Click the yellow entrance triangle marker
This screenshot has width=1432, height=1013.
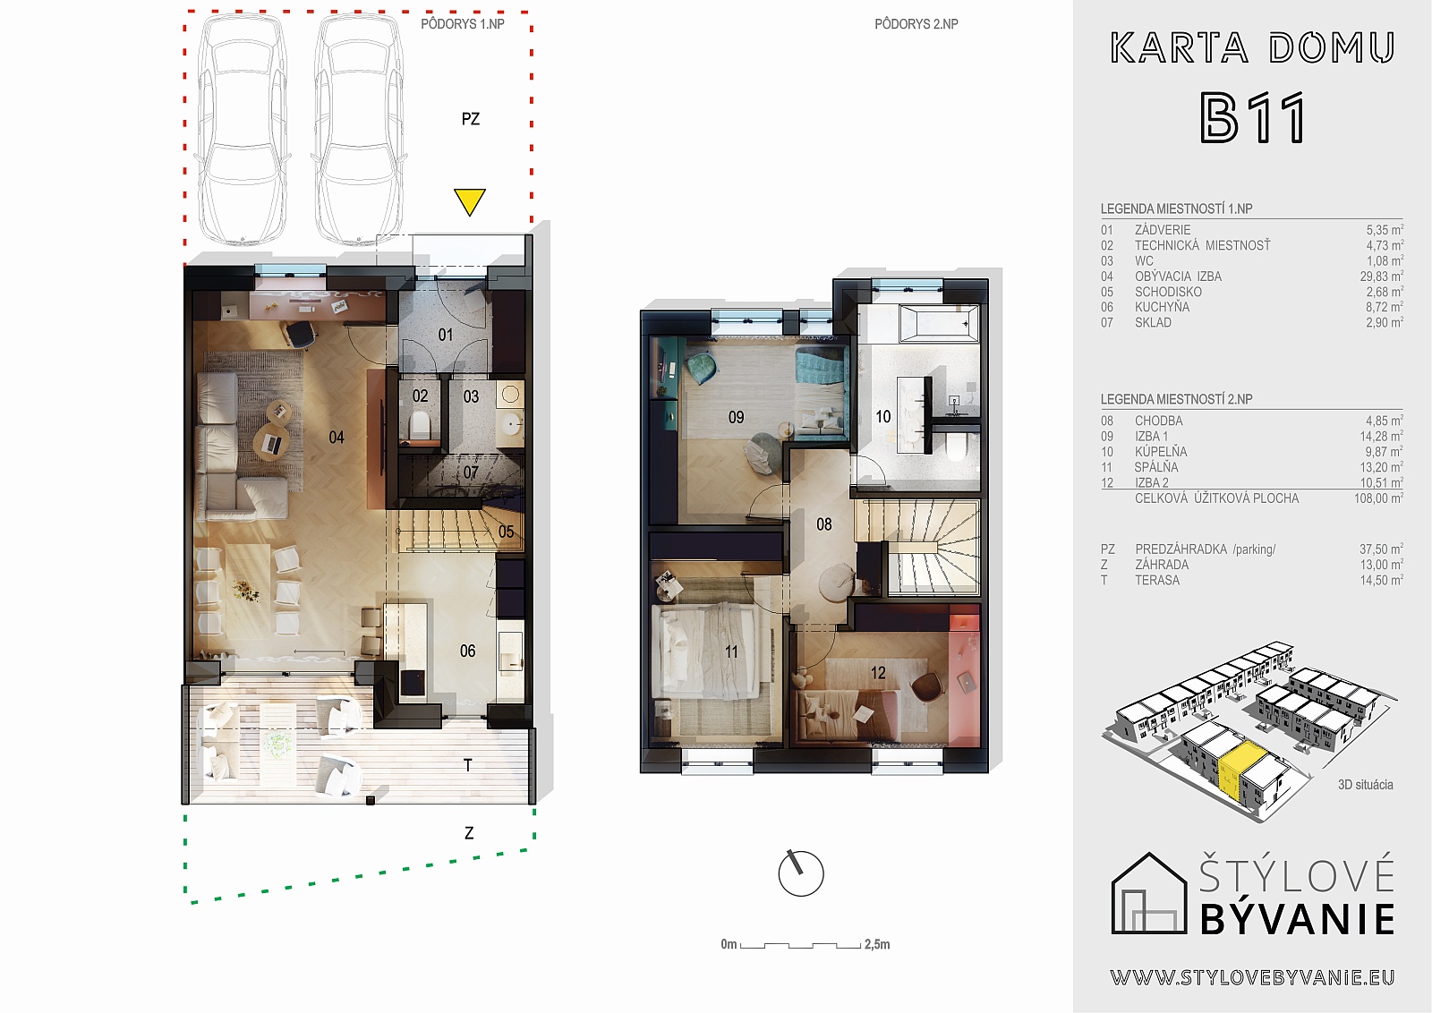click(469, 201)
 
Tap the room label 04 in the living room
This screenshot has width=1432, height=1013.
click(337, 438)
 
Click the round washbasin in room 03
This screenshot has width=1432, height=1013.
click(510, 395)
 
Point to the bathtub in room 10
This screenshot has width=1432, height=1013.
click(939, 323)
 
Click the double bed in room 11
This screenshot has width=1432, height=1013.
click(707, 651)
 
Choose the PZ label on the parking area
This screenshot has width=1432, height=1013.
click(471, 119)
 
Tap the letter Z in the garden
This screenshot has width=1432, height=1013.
click(469, 833)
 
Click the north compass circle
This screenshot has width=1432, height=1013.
click(801, 873)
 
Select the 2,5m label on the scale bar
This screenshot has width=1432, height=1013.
click(877, 944)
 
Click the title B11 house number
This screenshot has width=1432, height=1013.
click(1252, 118)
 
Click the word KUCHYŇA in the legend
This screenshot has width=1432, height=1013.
click(1163, 307)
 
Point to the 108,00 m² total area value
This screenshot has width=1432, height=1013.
click(1379, 498)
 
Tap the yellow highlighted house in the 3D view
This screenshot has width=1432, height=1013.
click(1240, 776)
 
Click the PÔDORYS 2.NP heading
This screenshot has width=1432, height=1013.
click(916, 24)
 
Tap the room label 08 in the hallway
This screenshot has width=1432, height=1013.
click(824, 524)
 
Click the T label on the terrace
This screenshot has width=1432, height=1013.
click(468, 765)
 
